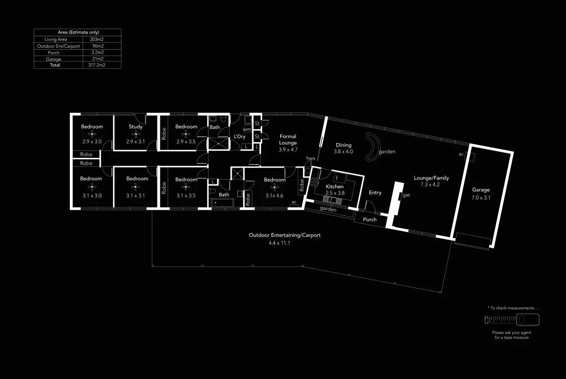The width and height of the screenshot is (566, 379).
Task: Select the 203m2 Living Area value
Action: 96,39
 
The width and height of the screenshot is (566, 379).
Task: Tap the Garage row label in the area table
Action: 54,59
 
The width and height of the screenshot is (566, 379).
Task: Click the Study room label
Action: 136,127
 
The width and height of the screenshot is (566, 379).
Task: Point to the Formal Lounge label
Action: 288,140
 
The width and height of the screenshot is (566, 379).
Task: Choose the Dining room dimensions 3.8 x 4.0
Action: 344,152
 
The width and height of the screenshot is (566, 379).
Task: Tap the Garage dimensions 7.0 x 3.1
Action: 481,197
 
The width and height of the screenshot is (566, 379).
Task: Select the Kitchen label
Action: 335,187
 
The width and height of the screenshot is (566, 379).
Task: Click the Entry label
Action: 375,193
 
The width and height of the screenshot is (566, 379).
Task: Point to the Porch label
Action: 370,219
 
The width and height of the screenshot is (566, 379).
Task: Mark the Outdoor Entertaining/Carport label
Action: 285,235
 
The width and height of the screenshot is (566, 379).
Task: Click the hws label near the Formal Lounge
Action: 310,158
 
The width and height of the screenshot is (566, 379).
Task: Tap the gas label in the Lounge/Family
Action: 407,196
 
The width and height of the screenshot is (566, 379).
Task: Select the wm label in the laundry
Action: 247,130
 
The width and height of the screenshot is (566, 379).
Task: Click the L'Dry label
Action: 239,137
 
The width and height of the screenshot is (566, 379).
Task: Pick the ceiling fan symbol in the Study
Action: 136,134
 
